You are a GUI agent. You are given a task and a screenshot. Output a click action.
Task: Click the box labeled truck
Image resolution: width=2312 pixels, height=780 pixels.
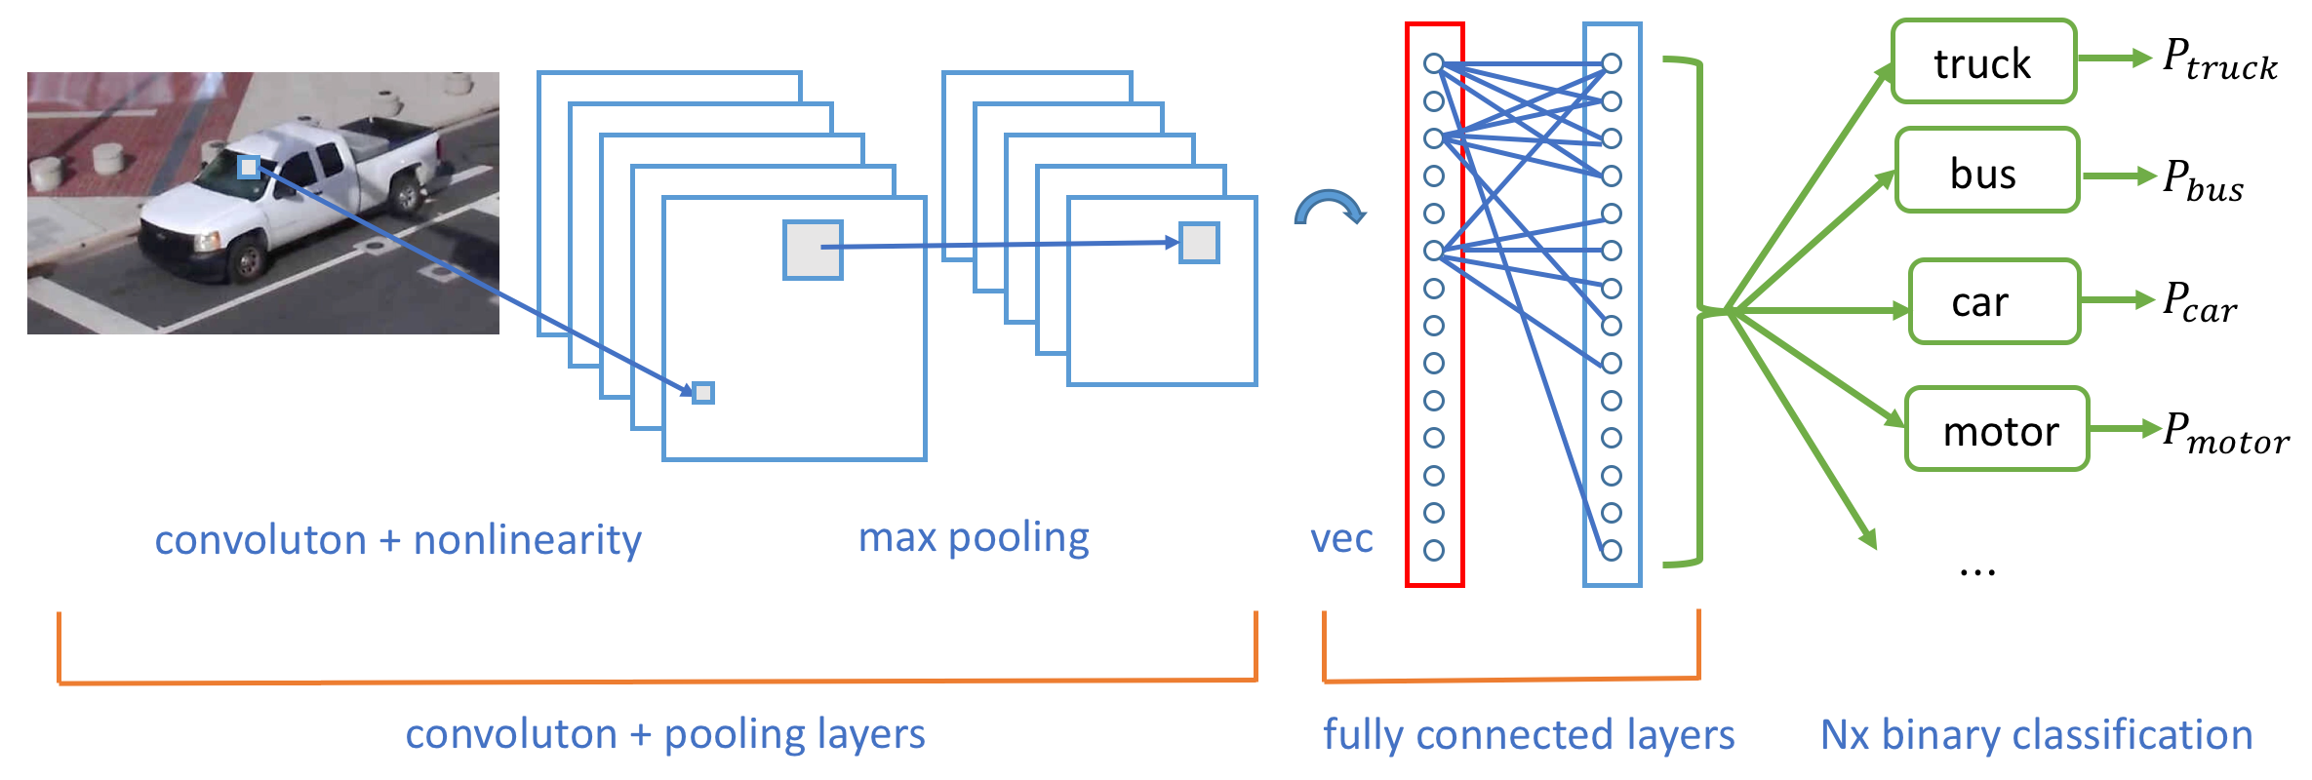click(1983, 61)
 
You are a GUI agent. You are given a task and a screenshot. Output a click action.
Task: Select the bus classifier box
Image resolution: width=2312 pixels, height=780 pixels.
click(1986, 171)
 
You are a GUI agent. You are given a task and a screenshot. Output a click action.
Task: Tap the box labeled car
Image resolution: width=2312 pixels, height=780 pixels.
click(1993, 301)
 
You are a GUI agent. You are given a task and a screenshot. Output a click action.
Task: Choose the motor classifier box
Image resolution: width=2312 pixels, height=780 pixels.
click(1996, 429)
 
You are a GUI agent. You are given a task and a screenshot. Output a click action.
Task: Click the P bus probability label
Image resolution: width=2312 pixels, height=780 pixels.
click(2203, 181)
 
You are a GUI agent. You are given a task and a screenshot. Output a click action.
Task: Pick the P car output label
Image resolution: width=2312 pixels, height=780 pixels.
click(2199, 302)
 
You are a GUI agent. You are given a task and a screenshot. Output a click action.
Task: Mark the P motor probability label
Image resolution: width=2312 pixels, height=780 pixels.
click(2225, 433)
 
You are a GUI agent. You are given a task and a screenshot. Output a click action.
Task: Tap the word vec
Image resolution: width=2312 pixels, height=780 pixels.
click(1341, 538)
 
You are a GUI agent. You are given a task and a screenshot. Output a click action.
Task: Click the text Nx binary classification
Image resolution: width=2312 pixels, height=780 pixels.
click(2036, 735)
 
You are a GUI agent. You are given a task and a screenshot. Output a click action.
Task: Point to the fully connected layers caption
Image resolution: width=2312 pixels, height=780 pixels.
click(1529, 735)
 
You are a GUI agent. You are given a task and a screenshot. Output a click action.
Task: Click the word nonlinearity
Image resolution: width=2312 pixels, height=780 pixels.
click(528, 540)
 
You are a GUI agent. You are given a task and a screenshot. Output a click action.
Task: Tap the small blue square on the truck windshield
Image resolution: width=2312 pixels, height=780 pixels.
click(249, 168)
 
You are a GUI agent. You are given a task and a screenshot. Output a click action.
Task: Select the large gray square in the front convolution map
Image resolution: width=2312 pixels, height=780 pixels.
click(813, 251)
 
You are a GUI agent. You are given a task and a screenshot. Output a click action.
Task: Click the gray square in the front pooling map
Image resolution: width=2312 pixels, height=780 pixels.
click(1199, 243)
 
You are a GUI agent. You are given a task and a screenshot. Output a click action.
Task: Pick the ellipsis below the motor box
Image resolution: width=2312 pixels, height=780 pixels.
click(1977, 570)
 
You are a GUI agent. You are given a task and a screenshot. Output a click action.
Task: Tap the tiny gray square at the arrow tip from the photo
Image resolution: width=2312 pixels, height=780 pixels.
click(703, 393)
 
